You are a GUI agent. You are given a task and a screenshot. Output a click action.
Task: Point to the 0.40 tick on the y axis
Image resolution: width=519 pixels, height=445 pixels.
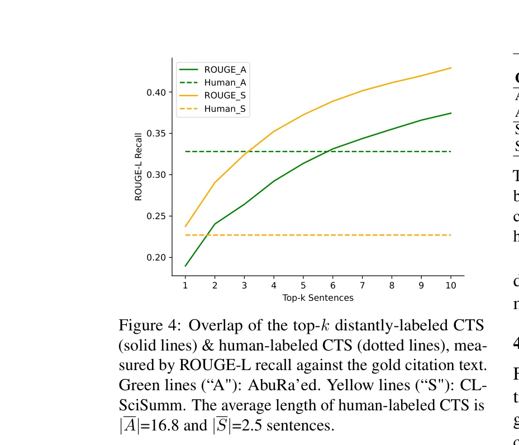[x=156, y=92]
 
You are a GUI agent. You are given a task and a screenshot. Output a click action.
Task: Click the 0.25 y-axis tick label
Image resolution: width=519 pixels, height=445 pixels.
[x=156, y=216]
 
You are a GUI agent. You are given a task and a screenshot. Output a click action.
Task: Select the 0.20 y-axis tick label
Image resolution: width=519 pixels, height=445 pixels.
[x=156, y=258]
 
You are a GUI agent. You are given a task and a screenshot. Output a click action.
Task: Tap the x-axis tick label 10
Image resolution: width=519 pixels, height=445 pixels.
[x=451, y=286]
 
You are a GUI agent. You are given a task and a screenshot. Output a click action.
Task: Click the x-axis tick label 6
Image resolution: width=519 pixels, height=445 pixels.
[x=333, y=286]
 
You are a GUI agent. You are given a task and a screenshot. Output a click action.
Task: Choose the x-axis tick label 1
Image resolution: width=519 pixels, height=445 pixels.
[x=185, y=286]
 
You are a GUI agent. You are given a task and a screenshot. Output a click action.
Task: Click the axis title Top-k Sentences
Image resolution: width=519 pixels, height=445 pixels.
[x=318, y=298]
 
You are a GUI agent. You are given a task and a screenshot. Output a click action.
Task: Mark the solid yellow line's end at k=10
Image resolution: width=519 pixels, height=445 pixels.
[x=451, y=68]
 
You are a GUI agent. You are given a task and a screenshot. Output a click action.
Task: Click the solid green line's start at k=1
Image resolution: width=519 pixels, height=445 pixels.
[x=185, y=266]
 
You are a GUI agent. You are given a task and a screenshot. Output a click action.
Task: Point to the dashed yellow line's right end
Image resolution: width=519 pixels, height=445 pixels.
[x=451, y=235]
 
